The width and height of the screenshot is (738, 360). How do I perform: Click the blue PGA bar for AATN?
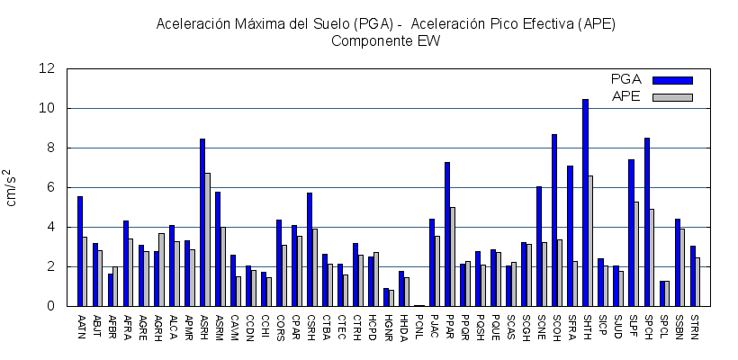click(80, 251)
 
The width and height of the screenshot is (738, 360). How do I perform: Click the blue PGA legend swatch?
click(672, 80)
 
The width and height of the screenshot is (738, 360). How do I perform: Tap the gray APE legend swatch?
click(672, 97)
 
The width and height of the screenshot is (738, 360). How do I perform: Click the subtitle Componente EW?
click(385, 40)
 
